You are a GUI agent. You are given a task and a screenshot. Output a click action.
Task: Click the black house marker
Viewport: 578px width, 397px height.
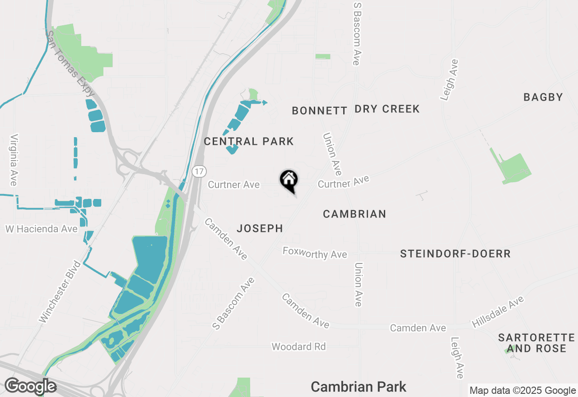[289, 180]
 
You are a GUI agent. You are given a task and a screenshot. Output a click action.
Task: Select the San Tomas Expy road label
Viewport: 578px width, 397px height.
[72, 61]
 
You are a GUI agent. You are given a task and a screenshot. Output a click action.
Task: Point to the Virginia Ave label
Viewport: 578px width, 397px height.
[14, 160]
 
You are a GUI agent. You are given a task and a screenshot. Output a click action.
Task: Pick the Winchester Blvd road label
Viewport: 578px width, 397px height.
[59, 291]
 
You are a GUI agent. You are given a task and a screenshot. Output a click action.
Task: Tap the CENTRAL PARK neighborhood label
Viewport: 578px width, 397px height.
[249, 142]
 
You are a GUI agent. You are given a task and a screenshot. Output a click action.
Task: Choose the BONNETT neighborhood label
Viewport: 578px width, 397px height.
[319, 111]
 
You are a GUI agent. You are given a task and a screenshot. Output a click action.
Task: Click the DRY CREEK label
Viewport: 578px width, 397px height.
[387, 109]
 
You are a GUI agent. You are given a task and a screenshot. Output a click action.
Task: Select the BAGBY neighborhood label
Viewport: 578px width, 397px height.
[543, 97]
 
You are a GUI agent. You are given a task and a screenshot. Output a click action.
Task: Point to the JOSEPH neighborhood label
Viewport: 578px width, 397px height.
[260, 229]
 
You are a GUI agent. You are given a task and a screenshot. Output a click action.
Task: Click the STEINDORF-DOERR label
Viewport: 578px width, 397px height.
[455, 254]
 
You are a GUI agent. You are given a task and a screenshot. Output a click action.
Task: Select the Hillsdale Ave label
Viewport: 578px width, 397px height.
[497, 312]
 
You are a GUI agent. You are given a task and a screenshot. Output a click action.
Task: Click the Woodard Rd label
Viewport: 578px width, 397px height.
[298, 346]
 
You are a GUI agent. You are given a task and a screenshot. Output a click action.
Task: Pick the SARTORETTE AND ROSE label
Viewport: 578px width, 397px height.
[536, 343]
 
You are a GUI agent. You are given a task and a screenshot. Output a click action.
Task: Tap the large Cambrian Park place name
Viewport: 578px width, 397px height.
[359, 387]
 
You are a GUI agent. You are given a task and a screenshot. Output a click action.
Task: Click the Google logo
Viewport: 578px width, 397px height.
[30, 386]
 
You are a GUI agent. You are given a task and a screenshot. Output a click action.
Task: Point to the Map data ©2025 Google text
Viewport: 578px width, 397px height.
[522, 391]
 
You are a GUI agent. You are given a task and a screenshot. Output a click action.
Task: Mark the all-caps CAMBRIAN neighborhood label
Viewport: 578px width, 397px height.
[354, 214]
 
